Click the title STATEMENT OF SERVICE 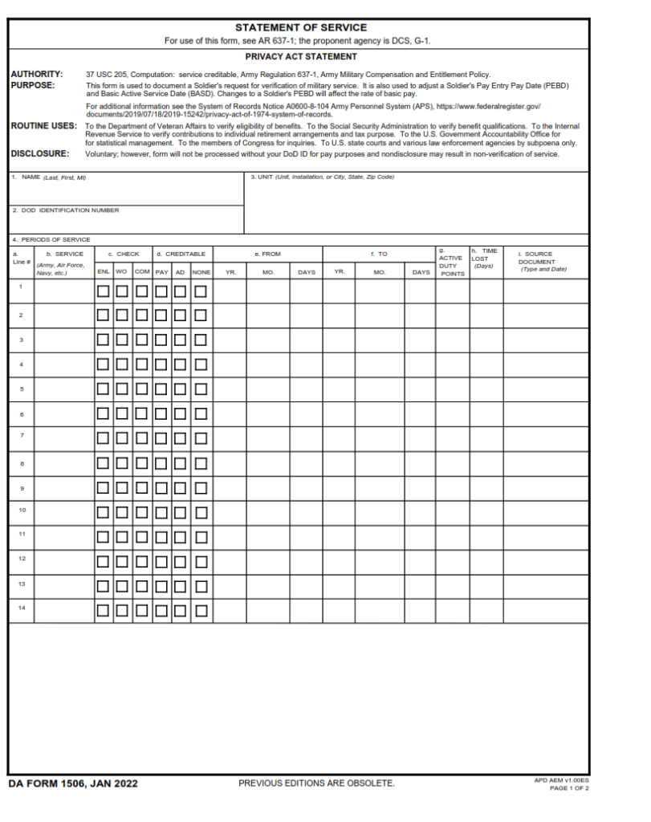tap(301, 27)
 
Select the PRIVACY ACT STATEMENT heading tap(301, 57)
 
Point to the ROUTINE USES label tap(44, 126)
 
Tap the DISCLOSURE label tap(40, 153)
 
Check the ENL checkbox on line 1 tap(104, 291)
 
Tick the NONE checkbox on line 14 tap(201, 611)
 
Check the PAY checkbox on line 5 tap(161, 389)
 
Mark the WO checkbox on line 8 tap(122, 463)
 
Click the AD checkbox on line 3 tap(181, 340)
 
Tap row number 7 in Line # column tap(22, 435)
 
